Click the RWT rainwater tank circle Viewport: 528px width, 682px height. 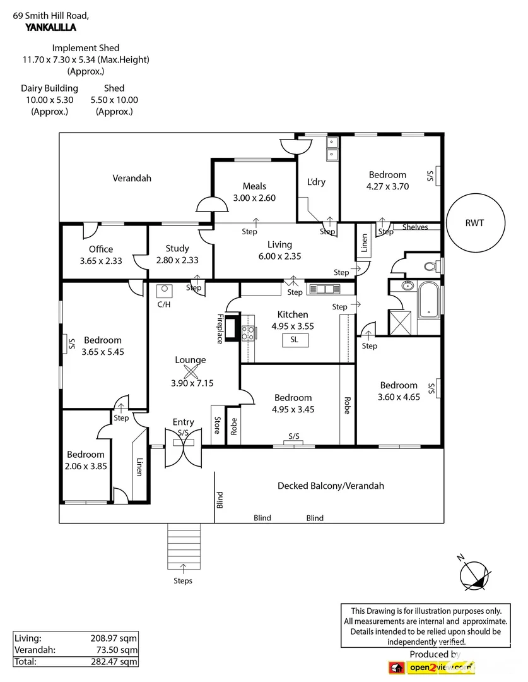point(476,222)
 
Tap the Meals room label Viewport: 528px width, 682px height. point(254,186)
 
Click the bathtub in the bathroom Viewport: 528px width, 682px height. point(430,299)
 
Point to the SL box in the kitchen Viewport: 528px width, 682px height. point(294,340)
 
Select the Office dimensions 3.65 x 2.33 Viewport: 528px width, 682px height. point(101,260)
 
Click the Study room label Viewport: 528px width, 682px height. point(177,249)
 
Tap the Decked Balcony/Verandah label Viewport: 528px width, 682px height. point(331,486)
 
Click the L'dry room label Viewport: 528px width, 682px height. point(316,182)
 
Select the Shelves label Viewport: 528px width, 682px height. point(414,227)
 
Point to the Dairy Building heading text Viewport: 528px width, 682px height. point(49,88)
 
